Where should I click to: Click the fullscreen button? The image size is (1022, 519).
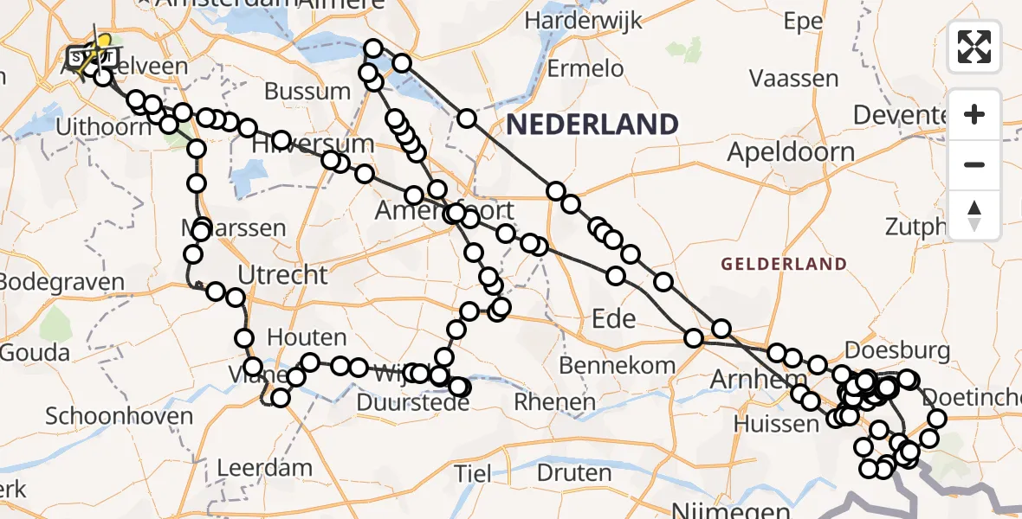click(974, 47)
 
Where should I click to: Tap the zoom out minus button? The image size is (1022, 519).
click(974, 164)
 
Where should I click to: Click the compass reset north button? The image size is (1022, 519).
click(974, 215)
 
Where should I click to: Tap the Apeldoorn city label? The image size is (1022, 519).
click(790, 153)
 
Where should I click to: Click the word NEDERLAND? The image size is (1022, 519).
click(592, 125)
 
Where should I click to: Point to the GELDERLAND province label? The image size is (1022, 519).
click(783, 264)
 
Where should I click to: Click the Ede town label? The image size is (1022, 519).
click(614, 319)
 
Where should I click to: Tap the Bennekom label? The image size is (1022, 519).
click(617, 365)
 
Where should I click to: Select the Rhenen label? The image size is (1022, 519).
click(554, 401)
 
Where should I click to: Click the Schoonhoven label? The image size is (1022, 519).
click(119, 416)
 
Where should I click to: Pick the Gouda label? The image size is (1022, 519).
click(36, 353)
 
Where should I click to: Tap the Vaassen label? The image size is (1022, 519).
click(793, 79)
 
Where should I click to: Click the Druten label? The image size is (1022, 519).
click(573, 473)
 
